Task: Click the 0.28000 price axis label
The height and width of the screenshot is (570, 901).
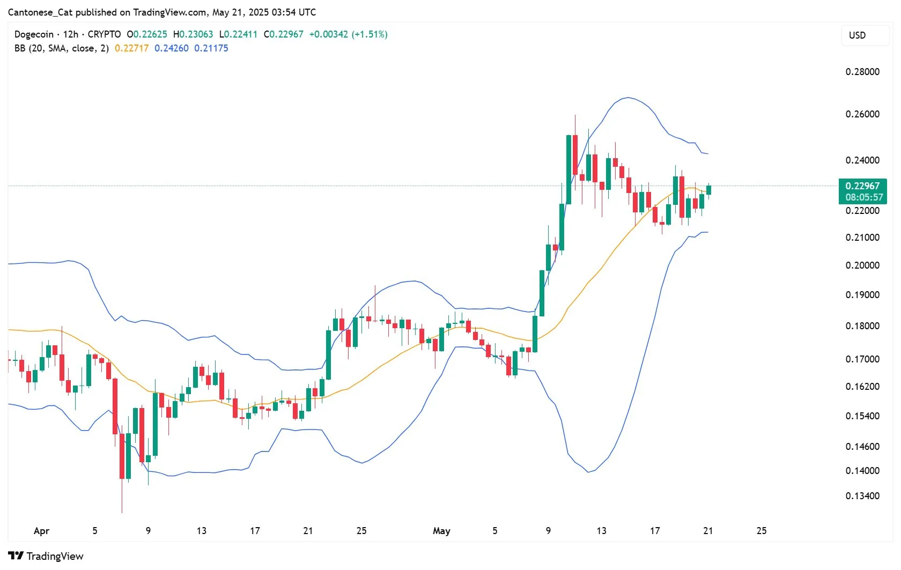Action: pyautogui.click(x=862, y=72)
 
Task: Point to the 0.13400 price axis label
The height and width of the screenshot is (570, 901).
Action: pyautogui.click(x=862, y=496)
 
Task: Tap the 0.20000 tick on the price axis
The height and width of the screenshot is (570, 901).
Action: pyautogui.click(x=862, y=265)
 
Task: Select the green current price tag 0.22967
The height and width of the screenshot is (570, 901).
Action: pyautogui.click(x=862, y=186)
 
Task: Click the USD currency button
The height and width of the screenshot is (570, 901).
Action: pyautogui.click(x=857, y=35)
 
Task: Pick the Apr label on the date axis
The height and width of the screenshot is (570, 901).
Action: pyautogui.click(x=41, y=531)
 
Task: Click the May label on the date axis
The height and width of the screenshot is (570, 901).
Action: pyautogui.click(x=441, y=531)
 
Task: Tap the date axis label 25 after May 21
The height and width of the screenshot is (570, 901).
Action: pyautogui.click(x=762, y=531)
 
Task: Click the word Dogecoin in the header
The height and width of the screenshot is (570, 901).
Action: pyautogui.click(x=34, y=34)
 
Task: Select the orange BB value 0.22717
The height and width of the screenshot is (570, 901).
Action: pyautogui.click(x=131, y=48)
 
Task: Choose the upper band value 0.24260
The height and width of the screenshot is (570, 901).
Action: pyautogui.click(x=172, y=48)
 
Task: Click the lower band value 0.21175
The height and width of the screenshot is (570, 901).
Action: pyautogui.click(x=211, y=48)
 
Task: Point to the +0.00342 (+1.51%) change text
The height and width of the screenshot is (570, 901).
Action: pyautogui.click(x=348, y=34)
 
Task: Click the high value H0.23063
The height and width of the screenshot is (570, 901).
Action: pyautogui.click(x=193, y=34)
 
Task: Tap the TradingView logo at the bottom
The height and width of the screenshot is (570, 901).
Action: pyautogui.click(x=46, y=556)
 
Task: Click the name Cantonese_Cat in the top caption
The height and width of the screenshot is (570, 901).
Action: pyautogui.click(x=40, y=12)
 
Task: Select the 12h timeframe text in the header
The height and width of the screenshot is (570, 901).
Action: pyautogui.click(x=71, y=34)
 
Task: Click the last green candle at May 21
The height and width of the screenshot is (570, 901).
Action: pyautogui.click(x=708, y=190)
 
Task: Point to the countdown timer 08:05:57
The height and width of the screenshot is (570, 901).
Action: pyautogui.click(x=864, y=197)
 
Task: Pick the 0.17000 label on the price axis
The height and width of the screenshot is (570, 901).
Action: pyautogui.click(x=862, y=359)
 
